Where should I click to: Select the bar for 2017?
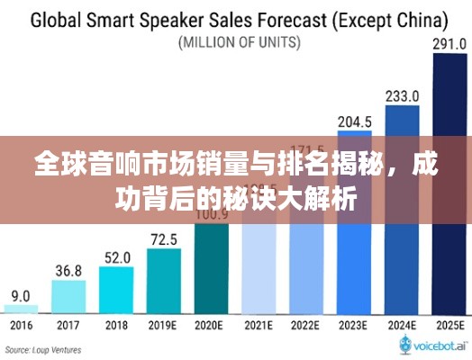point(68,296)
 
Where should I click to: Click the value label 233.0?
point(402,95)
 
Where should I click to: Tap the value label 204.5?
point(354,121)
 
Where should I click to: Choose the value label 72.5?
point(163,238)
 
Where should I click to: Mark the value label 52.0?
point(115,256)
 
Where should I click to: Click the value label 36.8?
point(68,270)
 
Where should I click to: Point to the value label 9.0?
point(20,295)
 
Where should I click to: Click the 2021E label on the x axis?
point(259,325)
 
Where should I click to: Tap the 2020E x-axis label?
point(211,325)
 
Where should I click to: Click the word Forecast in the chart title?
point(279,19)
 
